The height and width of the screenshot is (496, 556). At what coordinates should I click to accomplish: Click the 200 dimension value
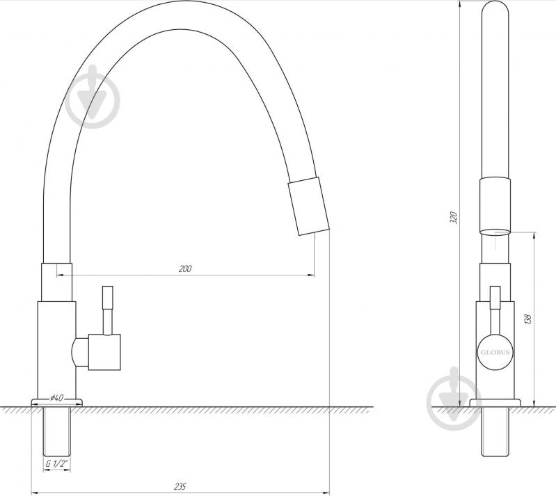[185, 269]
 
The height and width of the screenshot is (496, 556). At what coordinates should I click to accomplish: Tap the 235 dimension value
[180, 486]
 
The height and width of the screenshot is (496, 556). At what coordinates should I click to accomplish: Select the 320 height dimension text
[454, 217]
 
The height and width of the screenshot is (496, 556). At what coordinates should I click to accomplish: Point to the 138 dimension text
[528, 319]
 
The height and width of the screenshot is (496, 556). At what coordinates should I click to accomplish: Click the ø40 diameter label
[57, 398]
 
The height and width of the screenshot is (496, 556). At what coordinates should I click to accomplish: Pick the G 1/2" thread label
[57, 463]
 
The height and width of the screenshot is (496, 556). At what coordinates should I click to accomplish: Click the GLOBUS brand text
[495, 353]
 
